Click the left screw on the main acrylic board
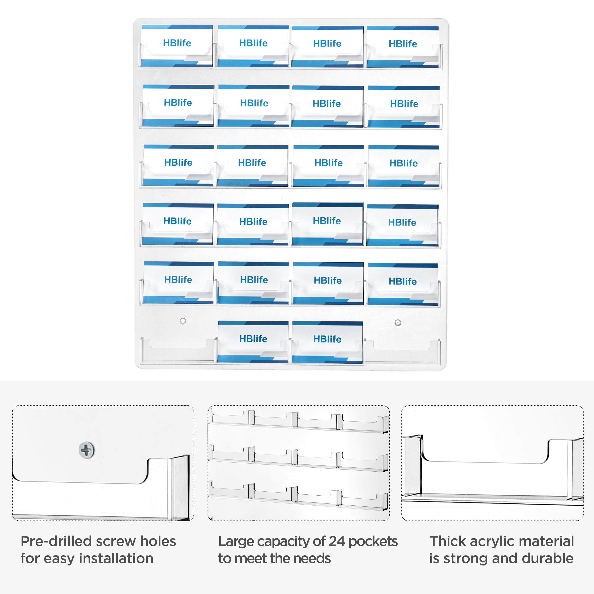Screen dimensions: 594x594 click(x=183, y=321)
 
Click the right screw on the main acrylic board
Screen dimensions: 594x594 click(x=398, y=322)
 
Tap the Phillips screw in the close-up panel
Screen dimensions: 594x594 click(x=87, y=450)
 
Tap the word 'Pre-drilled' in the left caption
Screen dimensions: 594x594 click(x=56, y=541)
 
